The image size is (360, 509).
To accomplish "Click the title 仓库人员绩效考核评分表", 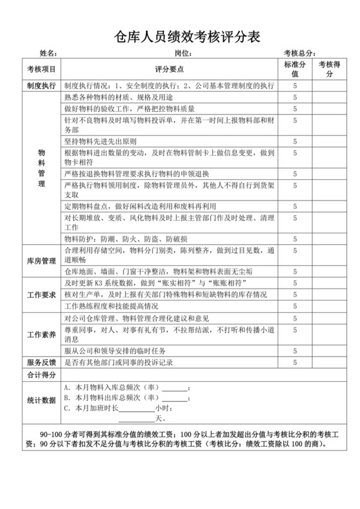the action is click(x=180, y=36).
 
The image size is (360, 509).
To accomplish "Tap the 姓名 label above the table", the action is click(x=48, y=53).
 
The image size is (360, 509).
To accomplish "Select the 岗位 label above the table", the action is click(x=183, y=53).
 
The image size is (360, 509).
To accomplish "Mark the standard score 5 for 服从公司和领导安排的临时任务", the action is click(x=294, y=351).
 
